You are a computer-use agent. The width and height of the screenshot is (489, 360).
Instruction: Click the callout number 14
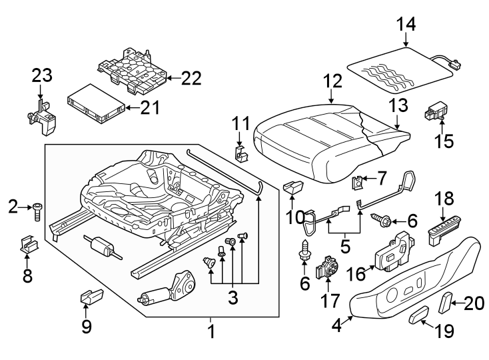[x=406, y=25]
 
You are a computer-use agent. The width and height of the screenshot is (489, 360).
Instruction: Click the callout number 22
[x=191, y=79]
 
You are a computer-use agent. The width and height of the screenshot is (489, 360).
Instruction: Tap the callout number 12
[x=332, y=81]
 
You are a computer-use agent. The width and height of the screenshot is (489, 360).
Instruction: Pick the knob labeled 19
[x=420, y=313]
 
